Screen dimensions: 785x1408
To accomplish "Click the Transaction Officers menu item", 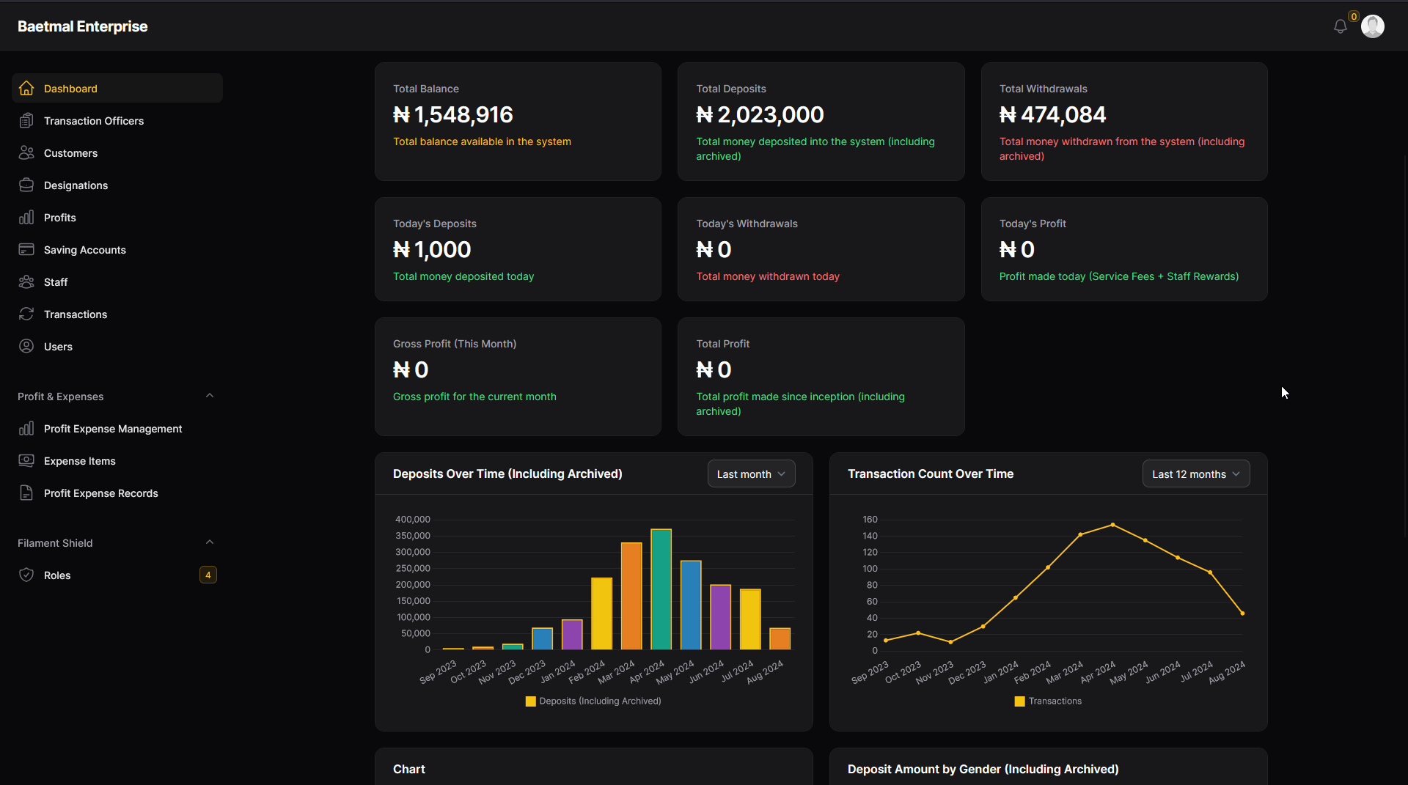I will pyautogui.click(x=93, y=121).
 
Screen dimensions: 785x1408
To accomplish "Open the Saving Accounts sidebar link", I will pyautogui.click(x=84, y=250).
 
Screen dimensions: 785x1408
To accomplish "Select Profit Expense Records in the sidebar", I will pyautogui.click(x=100, y=493).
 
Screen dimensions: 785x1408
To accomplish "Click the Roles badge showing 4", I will pyautogui.click(x=208, y=575).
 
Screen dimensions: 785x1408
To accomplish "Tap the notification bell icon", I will pyautogui.click(x=1340, y=26).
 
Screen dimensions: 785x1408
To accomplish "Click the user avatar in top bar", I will pyautogui.click(x=1372, y=26).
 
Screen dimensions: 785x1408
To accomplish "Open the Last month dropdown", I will pyautogui.click(x=751, y=474).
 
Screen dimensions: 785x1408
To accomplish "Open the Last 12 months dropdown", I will pyautogui.click(x=1195, y=474).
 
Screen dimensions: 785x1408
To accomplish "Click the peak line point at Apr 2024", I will pyautogui.click(x=1112, y=525).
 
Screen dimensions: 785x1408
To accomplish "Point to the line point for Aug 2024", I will pyautogui.click(x=1242, y=613).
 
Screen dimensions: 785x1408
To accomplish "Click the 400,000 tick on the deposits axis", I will pyautogui.click(x=413, y=520).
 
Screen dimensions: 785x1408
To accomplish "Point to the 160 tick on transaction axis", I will pyautogui.click(x=870, y=520).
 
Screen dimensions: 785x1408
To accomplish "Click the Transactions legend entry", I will pyautogui.click(x=1048, y=701).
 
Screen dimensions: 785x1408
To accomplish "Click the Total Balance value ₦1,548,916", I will pyautogui.click(x=452, y=115).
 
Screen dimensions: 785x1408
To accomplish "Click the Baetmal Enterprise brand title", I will pyautogui.click(x=82, y=26).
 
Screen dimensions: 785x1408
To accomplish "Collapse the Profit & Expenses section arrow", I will pyautogui.click(x=210, y=396).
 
